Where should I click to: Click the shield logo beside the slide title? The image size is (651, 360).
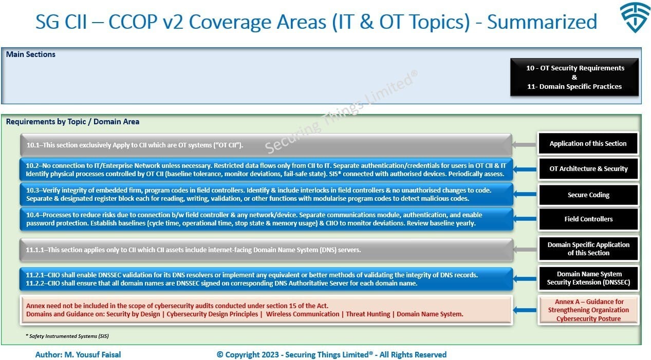click(x=635, y=17)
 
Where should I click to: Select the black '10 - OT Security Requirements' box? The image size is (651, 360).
click(x=574, y=77)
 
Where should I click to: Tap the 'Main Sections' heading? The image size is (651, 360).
click(x=30, y=54)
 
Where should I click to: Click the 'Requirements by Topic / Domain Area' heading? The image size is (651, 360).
click(x=72, y=121)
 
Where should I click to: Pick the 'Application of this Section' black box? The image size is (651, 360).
click(x=588, y=143)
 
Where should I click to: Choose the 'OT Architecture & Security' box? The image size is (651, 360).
click(x=588, y=168)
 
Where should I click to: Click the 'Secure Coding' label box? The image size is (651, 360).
click(x=588, y=195)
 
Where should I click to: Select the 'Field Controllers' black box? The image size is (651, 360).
click(x=588, y=219)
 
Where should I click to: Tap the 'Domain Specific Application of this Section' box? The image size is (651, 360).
click(x=588, y=249)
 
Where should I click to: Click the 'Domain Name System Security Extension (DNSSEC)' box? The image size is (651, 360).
click(x=588, y=278)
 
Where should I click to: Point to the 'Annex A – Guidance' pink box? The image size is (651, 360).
click(x=588, y=310)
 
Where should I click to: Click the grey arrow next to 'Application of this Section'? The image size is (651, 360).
click(x=524, y=144)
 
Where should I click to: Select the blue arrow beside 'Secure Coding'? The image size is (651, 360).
click(x=525, y=194)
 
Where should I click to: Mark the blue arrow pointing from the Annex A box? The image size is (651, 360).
click(x=525, y=310)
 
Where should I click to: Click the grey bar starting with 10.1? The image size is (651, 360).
click(x=266, y=145)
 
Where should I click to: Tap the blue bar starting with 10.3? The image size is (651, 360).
click(x=266, y=195)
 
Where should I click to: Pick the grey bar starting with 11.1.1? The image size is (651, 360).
click(x=266, y=250)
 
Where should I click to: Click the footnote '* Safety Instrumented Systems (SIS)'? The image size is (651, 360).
click(x=67, y=336)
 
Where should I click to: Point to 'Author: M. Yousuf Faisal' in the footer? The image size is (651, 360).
click(x=78, y=355)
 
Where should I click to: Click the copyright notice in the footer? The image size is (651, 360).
click(x=331, y=355)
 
